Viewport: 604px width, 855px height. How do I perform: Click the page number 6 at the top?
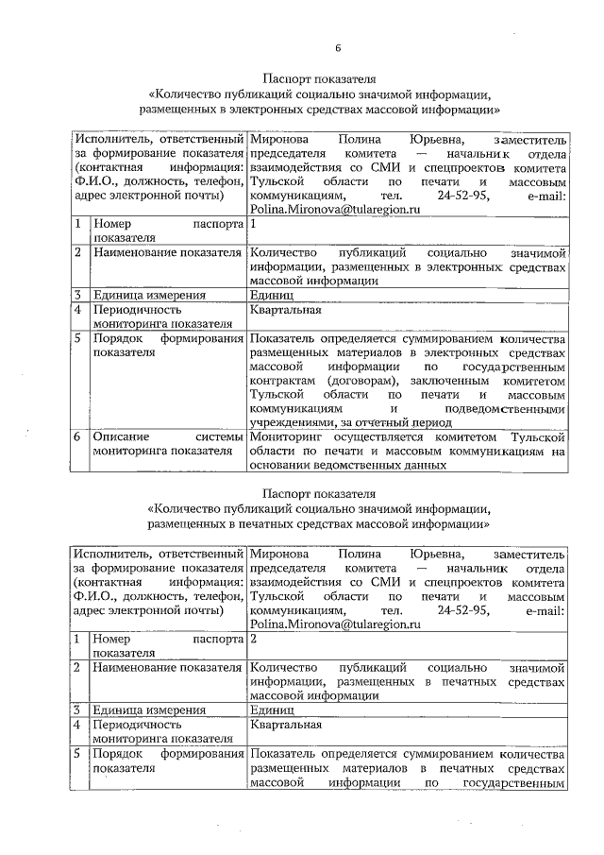[x=336, y=49]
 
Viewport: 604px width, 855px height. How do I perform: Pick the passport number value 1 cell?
[x=255, y=227]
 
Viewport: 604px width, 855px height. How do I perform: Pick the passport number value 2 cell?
[x=255, y=640]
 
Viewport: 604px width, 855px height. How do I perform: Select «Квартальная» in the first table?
[x=287, y=309]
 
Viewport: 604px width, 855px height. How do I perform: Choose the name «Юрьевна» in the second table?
[x=427, y=553]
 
